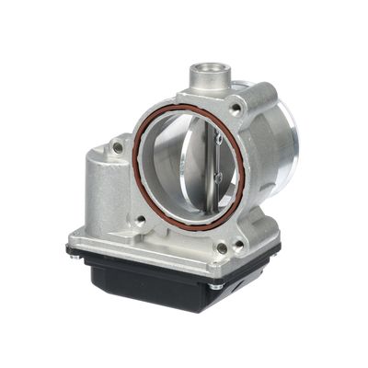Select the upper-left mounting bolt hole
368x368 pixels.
[x=118, y=146]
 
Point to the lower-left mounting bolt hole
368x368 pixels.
[x=141, y=221]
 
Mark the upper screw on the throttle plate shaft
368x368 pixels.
[x=218, y=140]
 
